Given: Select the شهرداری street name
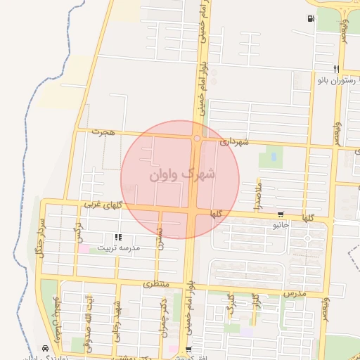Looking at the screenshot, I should (x=234, y=141).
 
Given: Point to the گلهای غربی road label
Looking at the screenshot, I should (x=103, y=204).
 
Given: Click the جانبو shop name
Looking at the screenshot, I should (x=281, y=225).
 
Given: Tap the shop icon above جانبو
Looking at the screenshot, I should (x=281, y=214).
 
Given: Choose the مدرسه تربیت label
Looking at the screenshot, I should (x=119, y=247).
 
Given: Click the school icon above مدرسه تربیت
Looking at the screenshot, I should (x=117, y=237).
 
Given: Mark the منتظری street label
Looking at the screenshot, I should (x=157, y=285).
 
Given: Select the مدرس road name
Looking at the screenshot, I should (x=295, y=291).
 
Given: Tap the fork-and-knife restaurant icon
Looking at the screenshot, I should (x=337, y=69).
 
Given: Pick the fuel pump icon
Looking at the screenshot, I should (x=310, y=19).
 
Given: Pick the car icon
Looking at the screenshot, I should (x=46, y=348).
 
